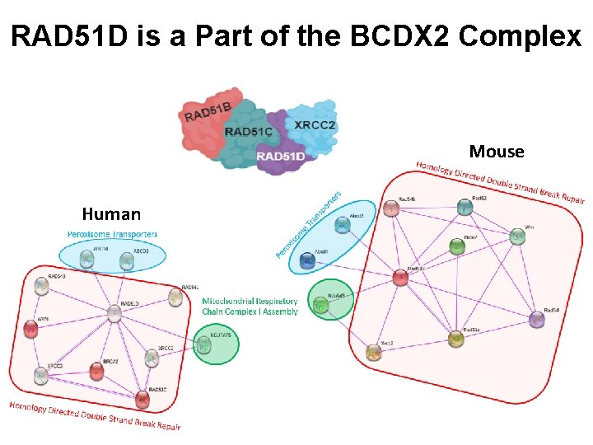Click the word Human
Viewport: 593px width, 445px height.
point(112,215)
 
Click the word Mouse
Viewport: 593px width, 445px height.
point(496,152)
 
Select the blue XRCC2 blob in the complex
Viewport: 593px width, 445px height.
point(315,124)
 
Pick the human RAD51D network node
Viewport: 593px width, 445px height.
point(114,313)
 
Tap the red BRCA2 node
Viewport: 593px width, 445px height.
point(97,372)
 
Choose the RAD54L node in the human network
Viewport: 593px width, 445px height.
point(175,297)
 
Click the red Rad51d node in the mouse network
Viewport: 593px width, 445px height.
point(400,278)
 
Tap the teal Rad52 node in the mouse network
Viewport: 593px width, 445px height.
point(466,208)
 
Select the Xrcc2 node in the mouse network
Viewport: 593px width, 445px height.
point(375,353)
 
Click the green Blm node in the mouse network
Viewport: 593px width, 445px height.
point(456,246)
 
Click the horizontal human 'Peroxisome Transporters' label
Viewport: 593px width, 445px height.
point(112,235)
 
